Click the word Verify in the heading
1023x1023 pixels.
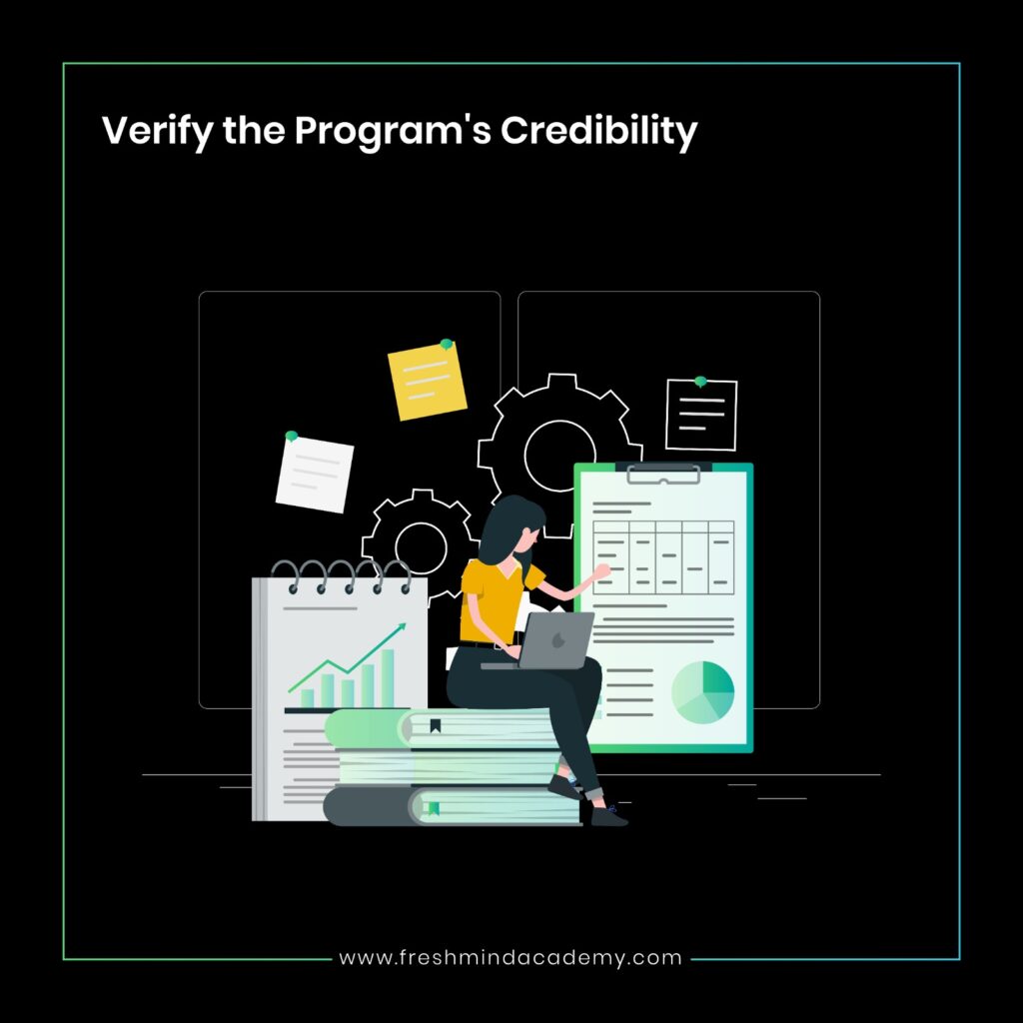coord(157,131)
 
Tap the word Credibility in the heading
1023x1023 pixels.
coord(599,131)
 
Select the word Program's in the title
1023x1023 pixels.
coord(393,132)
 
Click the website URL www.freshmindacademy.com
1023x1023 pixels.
coord(511,958)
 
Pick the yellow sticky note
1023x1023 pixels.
coord(428,381)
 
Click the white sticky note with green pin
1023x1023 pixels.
coord(315,474)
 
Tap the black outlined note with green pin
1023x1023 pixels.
coord(701,415)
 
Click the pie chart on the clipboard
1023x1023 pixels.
coord(702,692)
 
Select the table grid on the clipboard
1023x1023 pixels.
coord(663,557)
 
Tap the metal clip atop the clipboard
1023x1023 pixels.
coord(663,473)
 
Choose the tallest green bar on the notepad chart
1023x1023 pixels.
coord(388,678)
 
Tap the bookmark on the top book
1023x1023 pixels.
coord(436,725)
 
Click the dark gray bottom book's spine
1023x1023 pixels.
coord(368,806)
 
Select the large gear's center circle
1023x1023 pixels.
coord(559,455)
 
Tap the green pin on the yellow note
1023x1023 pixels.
coord(447,344)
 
